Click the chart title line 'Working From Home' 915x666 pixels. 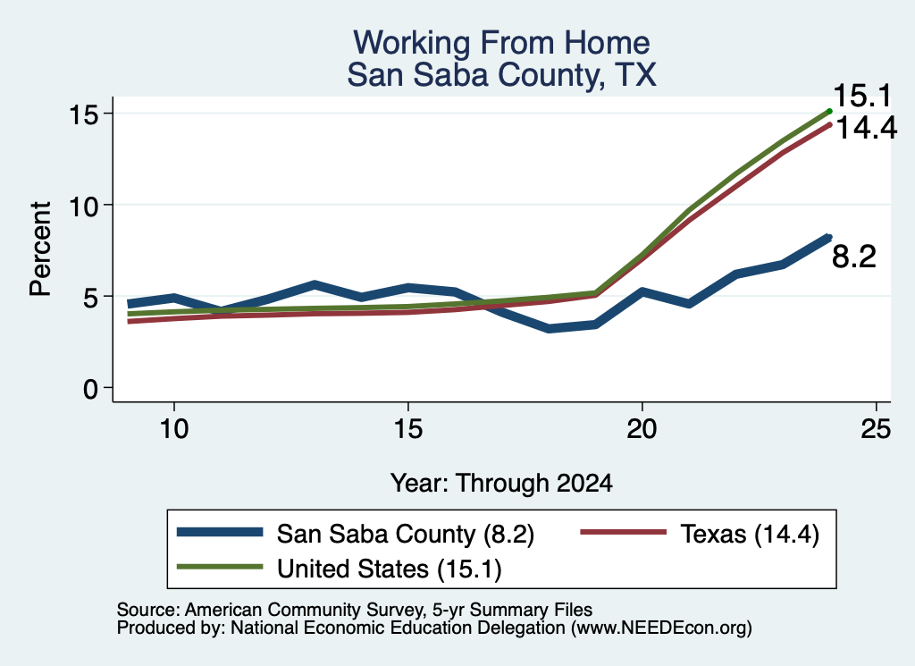(501, 43)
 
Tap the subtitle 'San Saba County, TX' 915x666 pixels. (502, 75)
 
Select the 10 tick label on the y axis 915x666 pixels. (83, 205)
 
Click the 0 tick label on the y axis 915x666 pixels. (90, 388)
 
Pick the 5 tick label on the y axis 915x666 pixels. (90, 297)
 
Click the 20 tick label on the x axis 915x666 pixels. (642, 429)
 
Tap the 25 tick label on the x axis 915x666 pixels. (876, 429)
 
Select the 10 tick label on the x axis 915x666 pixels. (174, 429)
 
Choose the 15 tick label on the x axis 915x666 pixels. (407, 429)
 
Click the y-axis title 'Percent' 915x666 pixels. (40, 249)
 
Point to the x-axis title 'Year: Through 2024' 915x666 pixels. (501, 484)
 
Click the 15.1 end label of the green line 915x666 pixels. (862, 97)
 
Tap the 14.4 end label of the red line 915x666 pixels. (867, 128)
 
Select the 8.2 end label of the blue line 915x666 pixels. (853, 257)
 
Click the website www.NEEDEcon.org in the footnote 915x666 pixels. (660, 628)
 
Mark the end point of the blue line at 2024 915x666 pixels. (828, 238)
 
